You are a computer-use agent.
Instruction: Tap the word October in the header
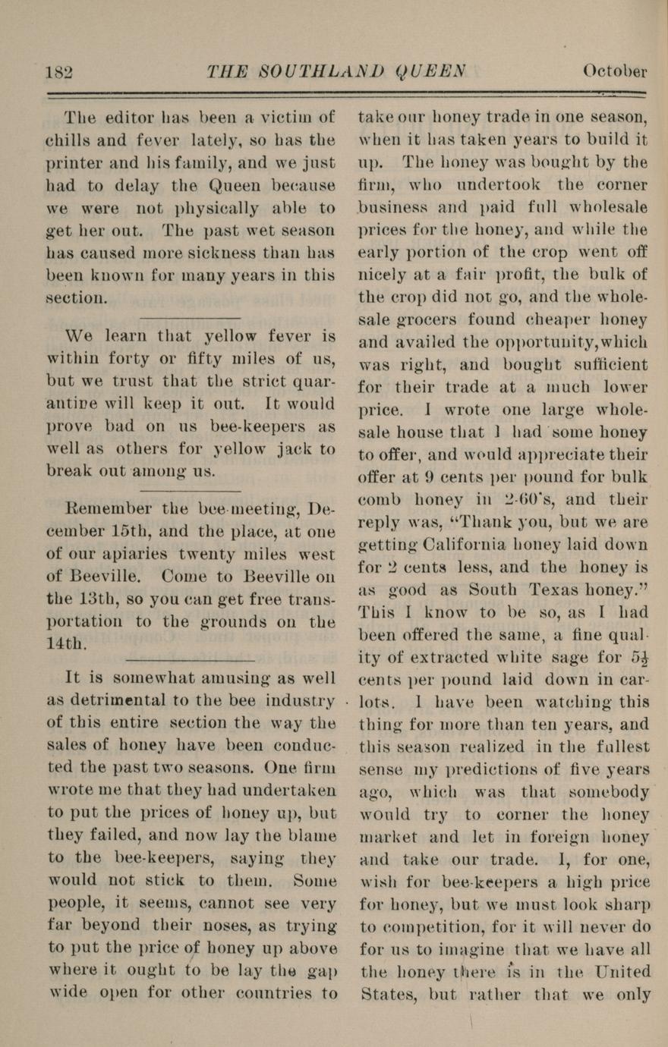[x=614, y=71]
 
